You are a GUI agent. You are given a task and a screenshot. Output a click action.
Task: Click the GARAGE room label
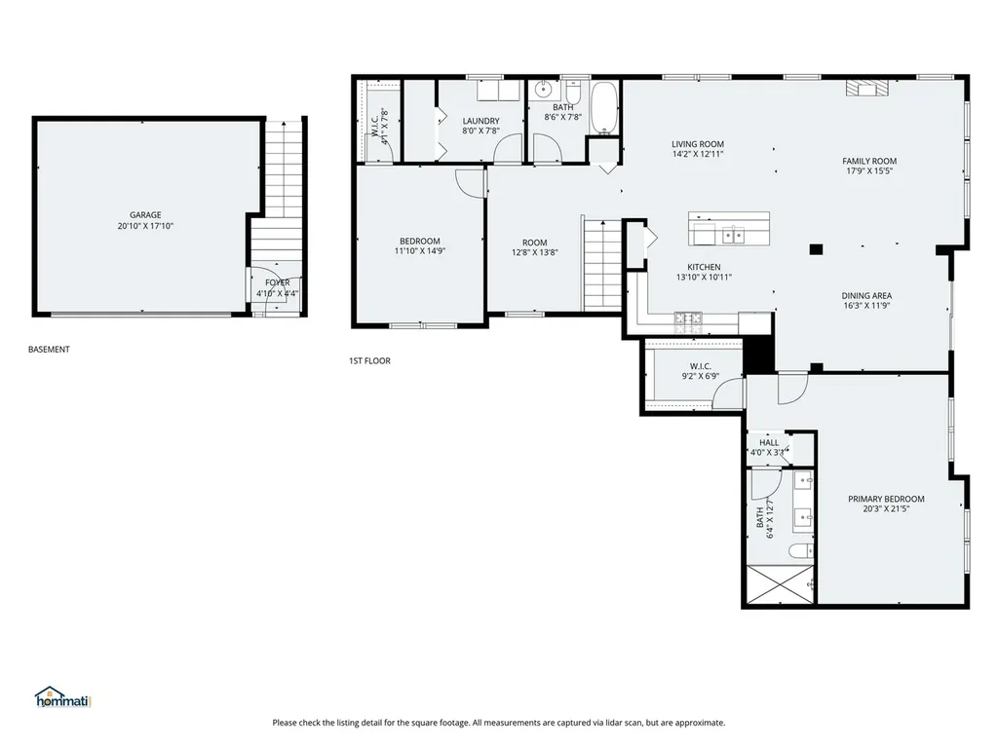145,215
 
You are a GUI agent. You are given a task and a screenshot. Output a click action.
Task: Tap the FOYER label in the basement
278,282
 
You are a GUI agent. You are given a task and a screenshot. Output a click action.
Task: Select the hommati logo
63,697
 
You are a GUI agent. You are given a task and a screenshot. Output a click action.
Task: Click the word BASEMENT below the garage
49,350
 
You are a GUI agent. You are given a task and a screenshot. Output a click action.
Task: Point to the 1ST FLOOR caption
369,360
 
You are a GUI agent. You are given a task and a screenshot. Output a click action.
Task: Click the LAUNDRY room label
481,121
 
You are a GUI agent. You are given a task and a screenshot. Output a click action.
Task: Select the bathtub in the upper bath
604,108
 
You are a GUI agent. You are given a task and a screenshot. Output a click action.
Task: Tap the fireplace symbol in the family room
866,89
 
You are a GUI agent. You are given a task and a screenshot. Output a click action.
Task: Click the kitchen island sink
734,236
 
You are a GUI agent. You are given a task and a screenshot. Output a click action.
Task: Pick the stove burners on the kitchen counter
688,318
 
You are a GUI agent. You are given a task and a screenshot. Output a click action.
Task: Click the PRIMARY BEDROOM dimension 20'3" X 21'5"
886,508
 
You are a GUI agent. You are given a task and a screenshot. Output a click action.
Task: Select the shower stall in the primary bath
781,584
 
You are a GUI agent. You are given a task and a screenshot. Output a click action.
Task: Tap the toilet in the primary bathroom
801,551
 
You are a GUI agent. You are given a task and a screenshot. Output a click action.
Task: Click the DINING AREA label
866,296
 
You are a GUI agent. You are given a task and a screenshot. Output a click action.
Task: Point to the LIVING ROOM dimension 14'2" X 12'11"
698,154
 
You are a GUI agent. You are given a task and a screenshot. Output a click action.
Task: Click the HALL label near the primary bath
769,443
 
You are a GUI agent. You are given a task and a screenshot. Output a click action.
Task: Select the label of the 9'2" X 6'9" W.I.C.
700,366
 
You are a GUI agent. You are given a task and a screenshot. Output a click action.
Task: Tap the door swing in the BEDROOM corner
470,184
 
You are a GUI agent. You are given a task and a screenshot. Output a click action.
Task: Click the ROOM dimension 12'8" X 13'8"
535,252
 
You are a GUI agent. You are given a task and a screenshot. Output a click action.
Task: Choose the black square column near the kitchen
816,249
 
